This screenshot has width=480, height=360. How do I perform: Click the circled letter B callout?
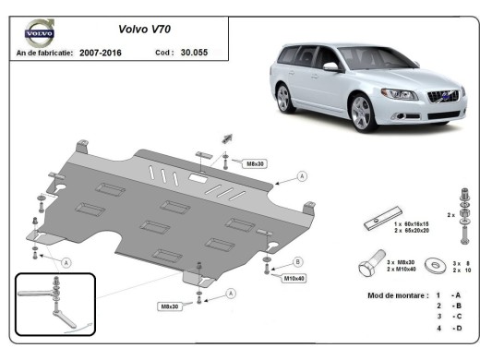(297, 261)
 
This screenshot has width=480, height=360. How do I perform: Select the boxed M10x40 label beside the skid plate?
(294, 277)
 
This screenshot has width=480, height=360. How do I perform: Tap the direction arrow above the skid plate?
(223, 138)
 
